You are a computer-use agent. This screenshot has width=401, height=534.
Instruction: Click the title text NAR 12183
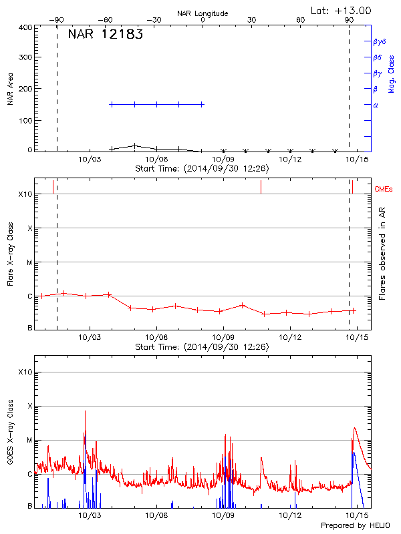coord(105,35)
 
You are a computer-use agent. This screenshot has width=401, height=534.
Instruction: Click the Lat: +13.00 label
coord(342,10)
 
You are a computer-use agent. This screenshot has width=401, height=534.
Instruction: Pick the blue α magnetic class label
coord(376,105)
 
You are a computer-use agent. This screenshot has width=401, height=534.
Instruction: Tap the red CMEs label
coord(384,190)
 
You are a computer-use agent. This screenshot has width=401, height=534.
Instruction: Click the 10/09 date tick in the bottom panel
coord(223,515)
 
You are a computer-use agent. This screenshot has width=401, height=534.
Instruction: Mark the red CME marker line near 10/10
coord(261,187)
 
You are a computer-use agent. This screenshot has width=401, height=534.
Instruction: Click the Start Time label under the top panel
coord(202,169)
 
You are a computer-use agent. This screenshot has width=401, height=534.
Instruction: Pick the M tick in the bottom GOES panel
coord(30,440)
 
